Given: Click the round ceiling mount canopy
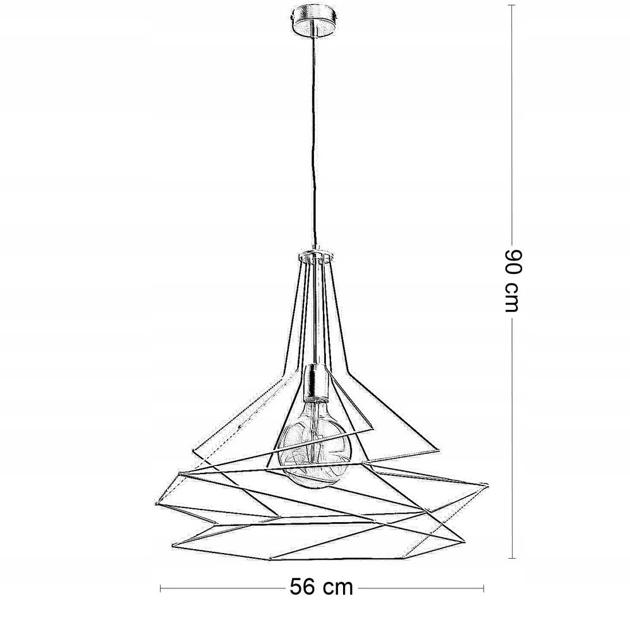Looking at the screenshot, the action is pos(314,20).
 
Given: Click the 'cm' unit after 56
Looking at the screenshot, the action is pos(338,589).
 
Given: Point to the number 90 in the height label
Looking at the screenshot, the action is pos(513,262).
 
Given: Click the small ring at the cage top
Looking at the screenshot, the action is pos(315,255).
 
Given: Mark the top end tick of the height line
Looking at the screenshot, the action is pos(511,5).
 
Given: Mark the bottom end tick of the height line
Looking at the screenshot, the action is pos(512,558).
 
